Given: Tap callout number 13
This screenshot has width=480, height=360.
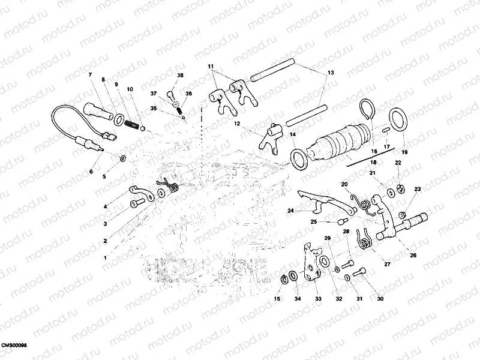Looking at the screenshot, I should coord(330,72).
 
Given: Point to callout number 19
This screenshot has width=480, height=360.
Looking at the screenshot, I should coord(404,152).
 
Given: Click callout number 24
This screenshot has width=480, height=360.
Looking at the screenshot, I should coord(290,211).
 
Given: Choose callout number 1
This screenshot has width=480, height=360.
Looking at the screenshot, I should coord(106,257).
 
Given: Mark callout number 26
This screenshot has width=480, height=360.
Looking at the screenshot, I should coord(412,256).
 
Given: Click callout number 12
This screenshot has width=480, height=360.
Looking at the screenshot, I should coord(237,124).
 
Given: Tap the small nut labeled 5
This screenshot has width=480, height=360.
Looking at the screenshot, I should coord(123,158).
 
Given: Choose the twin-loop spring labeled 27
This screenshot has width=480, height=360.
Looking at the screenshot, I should coord(364,240).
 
